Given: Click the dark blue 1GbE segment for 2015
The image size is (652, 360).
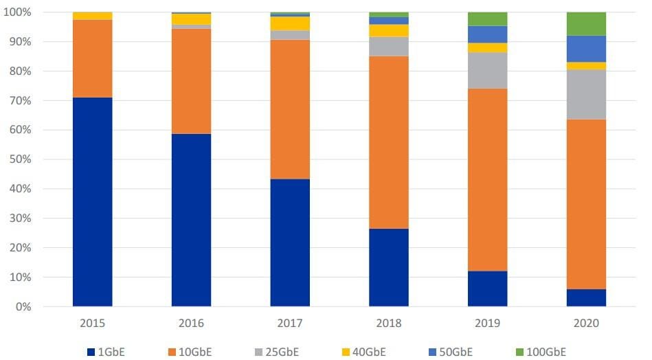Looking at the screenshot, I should pyautogui.click(x=92, y=202).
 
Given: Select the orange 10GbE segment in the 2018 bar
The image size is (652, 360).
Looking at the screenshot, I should pyautogui.click(x=389, y=142).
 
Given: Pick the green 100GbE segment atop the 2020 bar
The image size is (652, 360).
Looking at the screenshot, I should pyautogui.click(x=586, y=24).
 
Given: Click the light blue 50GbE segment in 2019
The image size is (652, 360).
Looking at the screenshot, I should pyautogui.click(x=487, y=34).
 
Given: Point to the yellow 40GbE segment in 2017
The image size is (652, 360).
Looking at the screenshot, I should pyautogui.click(x=290, y=23).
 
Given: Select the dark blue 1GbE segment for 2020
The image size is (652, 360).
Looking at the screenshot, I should pyautogui.click(x=586, y=297).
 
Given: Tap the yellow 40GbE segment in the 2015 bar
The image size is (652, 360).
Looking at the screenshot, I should pyautogui.click(x=92, y=16).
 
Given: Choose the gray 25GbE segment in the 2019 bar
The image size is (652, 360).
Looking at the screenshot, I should pyautogui.click(x=487, y=70).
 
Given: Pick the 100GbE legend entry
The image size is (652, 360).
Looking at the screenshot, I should pyautogui.click(x=540, y=352).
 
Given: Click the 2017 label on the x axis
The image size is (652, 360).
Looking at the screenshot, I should pyautogui.click(x=290, y=323).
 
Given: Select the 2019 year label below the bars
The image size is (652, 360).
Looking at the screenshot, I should pyautogui.click(x=487, y=323).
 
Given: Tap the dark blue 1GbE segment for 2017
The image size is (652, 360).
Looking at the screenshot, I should pyautogui.click(x=290, y=243).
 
